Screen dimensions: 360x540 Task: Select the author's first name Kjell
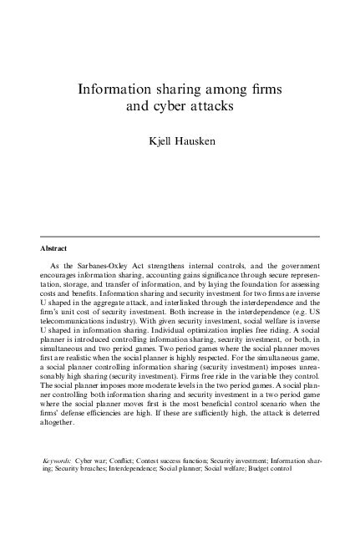click(x=159, y=143)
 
